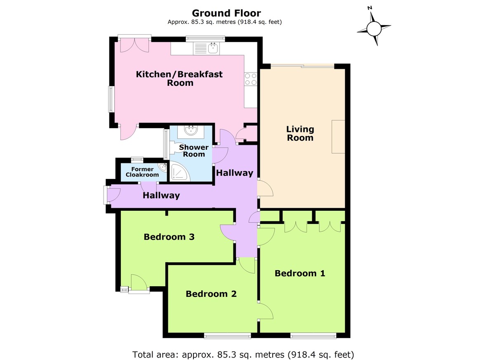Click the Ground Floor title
(x=226, y=14)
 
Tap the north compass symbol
(x=374, y=28)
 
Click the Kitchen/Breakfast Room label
(x=179, y=78)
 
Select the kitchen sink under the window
(x=213, y=49)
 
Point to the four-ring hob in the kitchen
(x=250, y=79)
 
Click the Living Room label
(x=300, y=134)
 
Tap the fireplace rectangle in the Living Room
(x=338, y=136)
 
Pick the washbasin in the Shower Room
(x=191, y=131)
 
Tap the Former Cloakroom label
(x=142, y=172)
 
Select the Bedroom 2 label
(x=211, y=294)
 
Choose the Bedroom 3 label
(x=169, y=237)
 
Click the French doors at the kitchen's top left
(x=134, y=45)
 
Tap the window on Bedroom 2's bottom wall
(x=227, y=336)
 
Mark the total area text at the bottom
(x=243, y=354)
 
